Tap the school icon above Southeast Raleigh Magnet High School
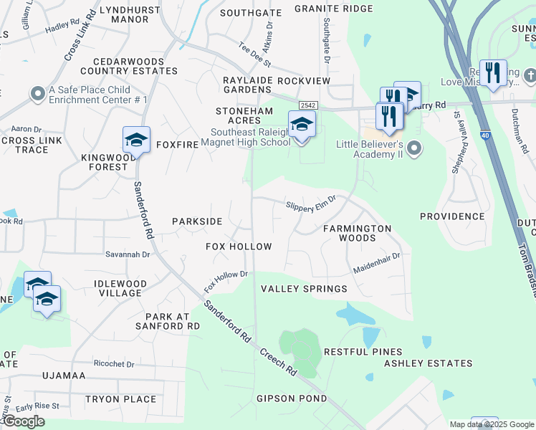[302, 125]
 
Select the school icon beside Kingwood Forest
[136, 140]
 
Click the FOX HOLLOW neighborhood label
[239, 247]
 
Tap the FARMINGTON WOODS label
[357, 233]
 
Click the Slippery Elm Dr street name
[311, 204]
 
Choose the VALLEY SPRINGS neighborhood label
[303, 289]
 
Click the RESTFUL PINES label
[363, 352]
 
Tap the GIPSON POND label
[292, 398]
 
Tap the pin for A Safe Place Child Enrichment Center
[37, 94]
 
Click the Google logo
[23, 421]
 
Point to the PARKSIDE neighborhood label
[197, 221]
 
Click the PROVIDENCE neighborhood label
[452, 216]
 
